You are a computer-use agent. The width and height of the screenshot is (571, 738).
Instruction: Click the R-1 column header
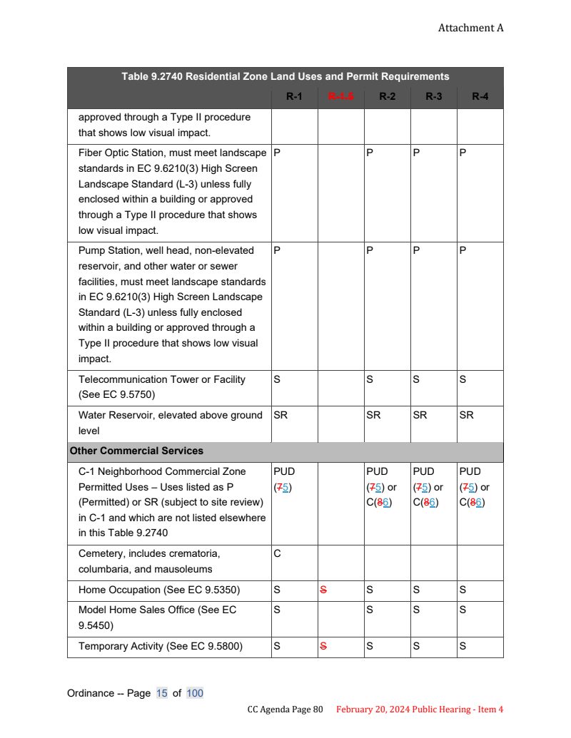pyautogui.click(x=294, y=96)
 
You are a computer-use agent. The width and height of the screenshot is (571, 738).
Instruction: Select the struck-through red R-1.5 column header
pyautogui.click(x=340, y=96)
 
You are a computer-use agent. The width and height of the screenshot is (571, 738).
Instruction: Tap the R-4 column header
pyautogui.click(x=480, y=96)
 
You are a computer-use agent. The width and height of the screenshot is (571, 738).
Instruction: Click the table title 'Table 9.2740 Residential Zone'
pyautogui.click(x=285, y=76)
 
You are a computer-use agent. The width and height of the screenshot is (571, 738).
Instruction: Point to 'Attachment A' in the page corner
pyautogui.click(x=470, y=28)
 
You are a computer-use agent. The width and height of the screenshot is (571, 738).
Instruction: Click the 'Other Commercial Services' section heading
pyautogui.click(x=136, y=451)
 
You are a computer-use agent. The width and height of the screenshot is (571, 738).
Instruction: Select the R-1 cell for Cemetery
pyautogui.click(x=277, y=553)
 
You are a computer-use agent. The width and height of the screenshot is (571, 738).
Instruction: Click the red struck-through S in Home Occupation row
pyautogui.click(x=323, y=590)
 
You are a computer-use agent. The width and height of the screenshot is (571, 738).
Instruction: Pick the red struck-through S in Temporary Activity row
pyautogui.click(x=323, y=646)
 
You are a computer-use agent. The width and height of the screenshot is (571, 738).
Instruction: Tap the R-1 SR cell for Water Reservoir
pyautogui.click(x=281, y=415)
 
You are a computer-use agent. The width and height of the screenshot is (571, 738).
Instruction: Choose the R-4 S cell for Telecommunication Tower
pyautogui.click(x=463, y=379)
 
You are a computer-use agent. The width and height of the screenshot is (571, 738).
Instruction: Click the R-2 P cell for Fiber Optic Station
pyautogui.click(x=370, y=153)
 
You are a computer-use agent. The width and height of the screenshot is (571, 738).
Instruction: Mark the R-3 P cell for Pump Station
pyautogui.click(x=416, y=250)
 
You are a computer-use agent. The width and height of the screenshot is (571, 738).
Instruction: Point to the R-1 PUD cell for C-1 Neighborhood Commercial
pyautogui.click(x=283, y=479)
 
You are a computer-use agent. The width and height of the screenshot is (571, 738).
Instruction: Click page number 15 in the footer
pyautogui.click(x=161, y=693)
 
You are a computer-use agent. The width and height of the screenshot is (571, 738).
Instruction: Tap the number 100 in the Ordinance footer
pyautogui.click(x=195, y=693)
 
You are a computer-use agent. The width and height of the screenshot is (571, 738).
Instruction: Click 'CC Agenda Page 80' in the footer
pyautogui.click(x=285, y=709)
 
